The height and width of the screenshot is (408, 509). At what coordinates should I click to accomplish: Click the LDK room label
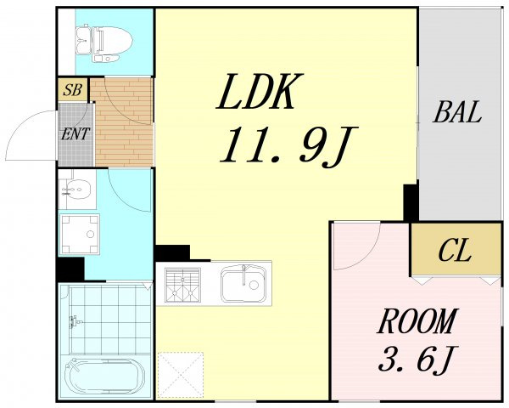pyautogui.click(x=260, y=92)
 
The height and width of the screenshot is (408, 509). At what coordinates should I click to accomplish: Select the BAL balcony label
pyautogui.click(x=457, y=112)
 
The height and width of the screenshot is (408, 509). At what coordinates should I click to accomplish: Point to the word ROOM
pyautogui.click(x=417, y=321)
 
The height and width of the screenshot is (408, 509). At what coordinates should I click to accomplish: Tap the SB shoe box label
pyautogui.click(x=72, y=89)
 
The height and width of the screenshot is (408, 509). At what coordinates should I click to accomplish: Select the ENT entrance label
pyautogui.click(x=76, y=134)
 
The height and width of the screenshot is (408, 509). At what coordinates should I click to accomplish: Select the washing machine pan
pyautogui.click(x=80, y=234)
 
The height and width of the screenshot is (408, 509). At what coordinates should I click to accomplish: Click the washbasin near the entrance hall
pyautogui.click(x=76, y=190)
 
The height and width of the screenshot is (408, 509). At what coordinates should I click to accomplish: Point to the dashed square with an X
pyautogui.click(x=181, y=375)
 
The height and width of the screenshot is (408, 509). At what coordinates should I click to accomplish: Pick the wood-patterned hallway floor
pyautogui.click(x=123, y=122)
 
